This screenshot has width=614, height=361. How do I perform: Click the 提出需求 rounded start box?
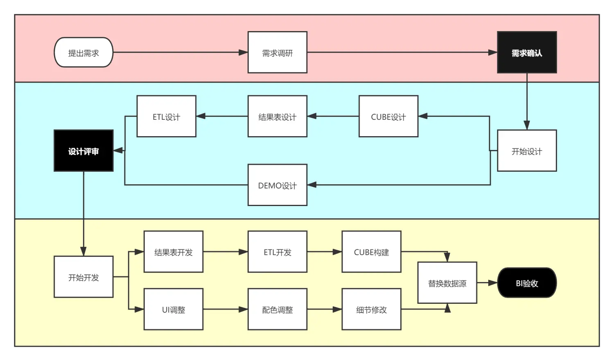84,52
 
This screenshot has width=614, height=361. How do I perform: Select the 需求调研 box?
278,52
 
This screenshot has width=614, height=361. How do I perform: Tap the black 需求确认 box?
527,52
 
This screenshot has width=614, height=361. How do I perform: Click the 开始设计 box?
527,150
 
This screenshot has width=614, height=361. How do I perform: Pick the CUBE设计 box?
388,116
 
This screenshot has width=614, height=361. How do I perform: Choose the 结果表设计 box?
278,116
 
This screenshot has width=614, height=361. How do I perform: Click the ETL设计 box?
166,116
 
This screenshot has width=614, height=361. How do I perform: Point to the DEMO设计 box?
278,185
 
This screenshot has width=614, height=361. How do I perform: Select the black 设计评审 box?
84,150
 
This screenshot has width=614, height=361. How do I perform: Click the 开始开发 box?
84,277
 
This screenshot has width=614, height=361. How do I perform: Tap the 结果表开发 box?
174,251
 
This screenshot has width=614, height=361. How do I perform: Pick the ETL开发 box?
278,251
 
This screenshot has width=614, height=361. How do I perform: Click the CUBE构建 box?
371,251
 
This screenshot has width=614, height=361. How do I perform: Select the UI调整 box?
174,309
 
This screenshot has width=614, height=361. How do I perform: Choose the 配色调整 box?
278,309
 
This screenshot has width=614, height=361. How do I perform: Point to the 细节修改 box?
371,309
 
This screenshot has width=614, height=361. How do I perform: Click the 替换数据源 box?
447,283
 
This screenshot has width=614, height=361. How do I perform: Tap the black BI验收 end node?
527,283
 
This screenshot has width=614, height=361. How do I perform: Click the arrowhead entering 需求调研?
244,52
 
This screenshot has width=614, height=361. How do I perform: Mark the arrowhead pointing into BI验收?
493,283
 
